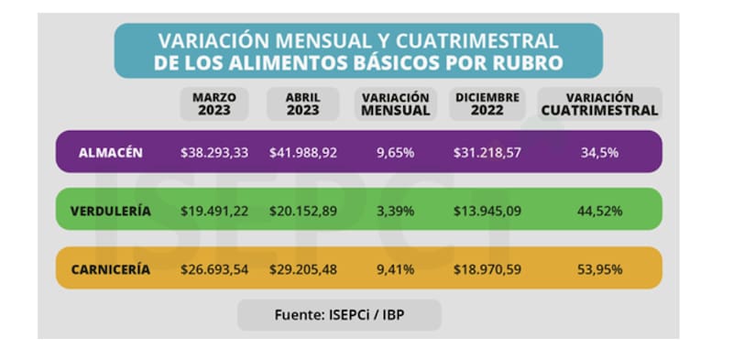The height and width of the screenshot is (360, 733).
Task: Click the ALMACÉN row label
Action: coord(109,152)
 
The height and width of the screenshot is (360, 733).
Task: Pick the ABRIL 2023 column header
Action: coord(302,104)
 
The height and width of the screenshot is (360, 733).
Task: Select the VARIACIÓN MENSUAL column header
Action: coord(396,104)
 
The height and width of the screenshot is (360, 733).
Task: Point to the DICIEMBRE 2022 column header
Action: coord(487,104)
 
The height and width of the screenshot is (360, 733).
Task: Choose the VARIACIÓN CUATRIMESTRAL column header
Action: coord(599,104)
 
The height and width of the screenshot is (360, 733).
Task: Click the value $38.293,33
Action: coord(215,152)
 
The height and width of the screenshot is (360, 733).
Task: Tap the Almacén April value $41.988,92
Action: coord(303,152)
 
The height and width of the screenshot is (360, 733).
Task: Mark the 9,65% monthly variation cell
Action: coord(395,152)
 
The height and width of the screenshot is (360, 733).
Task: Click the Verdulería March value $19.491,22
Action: coord(215,211)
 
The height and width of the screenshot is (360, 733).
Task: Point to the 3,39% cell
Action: coord(395,211)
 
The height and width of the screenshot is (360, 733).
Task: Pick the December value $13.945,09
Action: coord(487,211)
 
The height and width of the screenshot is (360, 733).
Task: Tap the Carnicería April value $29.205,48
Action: coord(303,269)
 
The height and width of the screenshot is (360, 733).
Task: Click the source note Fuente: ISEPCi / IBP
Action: coord(339,314)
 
